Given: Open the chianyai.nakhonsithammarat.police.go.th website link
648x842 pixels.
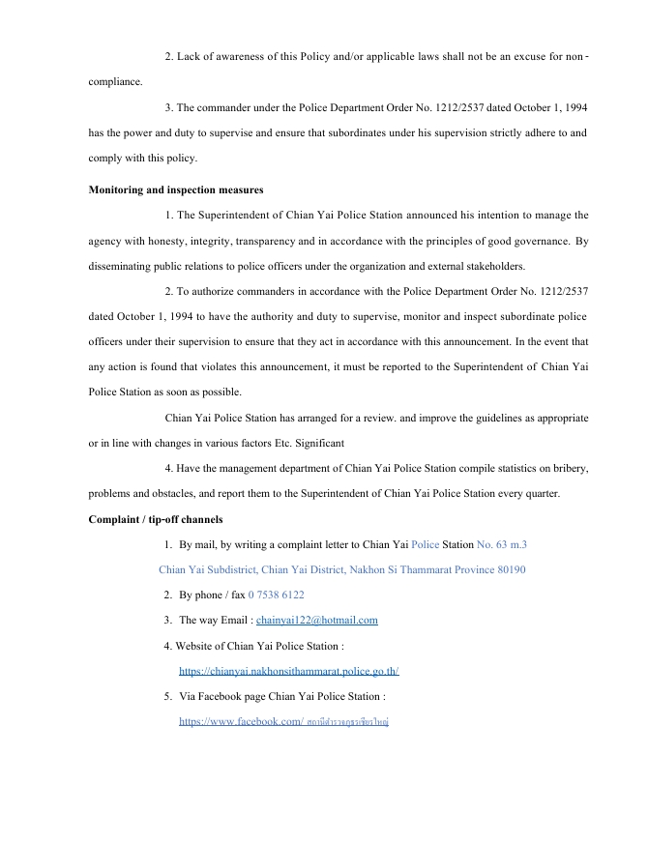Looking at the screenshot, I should (x=288, y=671).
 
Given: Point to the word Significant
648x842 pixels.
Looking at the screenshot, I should (x=311, y=443).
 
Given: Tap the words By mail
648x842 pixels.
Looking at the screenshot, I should (x=200, y=544).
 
